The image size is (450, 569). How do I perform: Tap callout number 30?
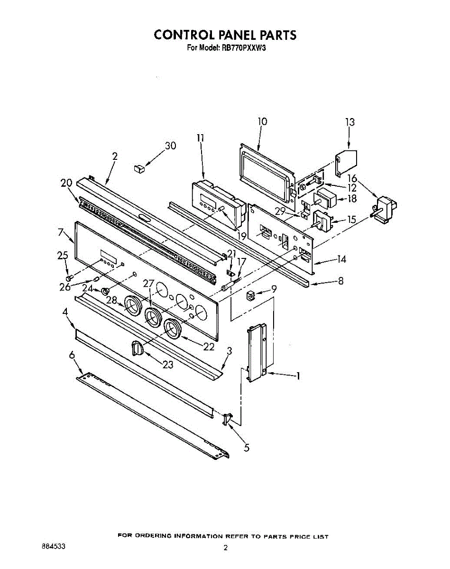point(170,146)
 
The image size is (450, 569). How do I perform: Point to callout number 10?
point(262,121)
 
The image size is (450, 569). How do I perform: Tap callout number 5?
point(246,447)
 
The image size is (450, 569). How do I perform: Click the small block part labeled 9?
point(250,297)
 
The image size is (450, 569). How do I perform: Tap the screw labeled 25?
point(70,277)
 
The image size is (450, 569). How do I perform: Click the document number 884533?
point(53,546)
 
